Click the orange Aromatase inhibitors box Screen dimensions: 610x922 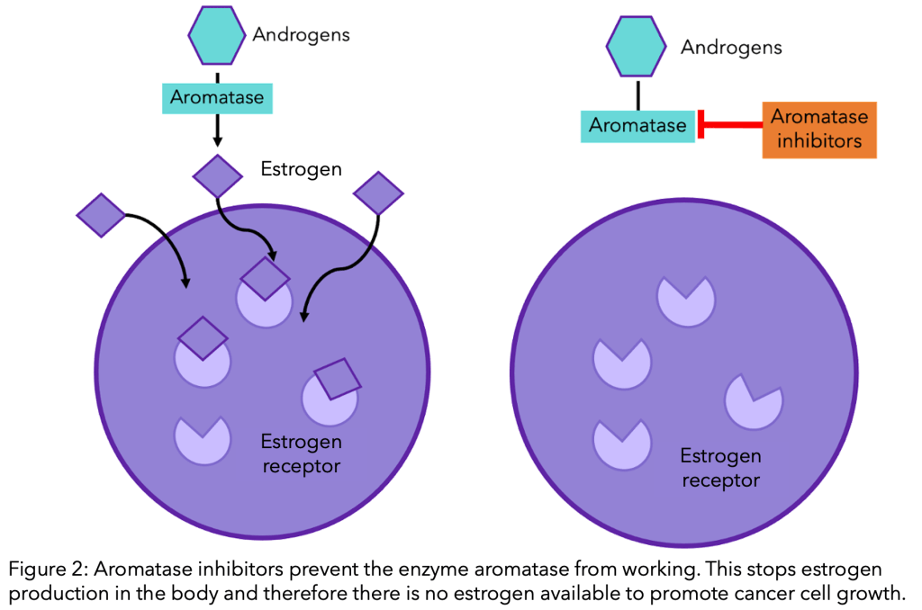pyautogui.click(x=818, y=130)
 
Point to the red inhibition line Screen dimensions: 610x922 pyautogui.click(x=734, y=125)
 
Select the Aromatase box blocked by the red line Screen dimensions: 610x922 pyautogui.click(x=637, y=125)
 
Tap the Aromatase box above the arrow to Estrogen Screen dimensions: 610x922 pyautogui.click(x=216, y=97)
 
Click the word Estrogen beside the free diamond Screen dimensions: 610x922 pyautogui.click(x=301, y=168)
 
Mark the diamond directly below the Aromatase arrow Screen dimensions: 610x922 pyautogui.click(x=219, y=175)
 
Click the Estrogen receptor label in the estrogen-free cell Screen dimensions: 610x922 pyautogui.click(x=720, y=468)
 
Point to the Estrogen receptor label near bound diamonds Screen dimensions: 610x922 pyautogui.click(x=301, y=453)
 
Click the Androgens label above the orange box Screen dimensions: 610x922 pyautogui.click(x=731, y=47)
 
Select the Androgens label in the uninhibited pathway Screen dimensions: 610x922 pyautogui.click(x=301, y=35)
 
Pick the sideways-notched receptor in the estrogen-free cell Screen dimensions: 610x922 pyautogui.click(x=752, y=400)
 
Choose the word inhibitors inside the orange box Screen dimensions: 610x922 pyautogui.click(x=818, y=141)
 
